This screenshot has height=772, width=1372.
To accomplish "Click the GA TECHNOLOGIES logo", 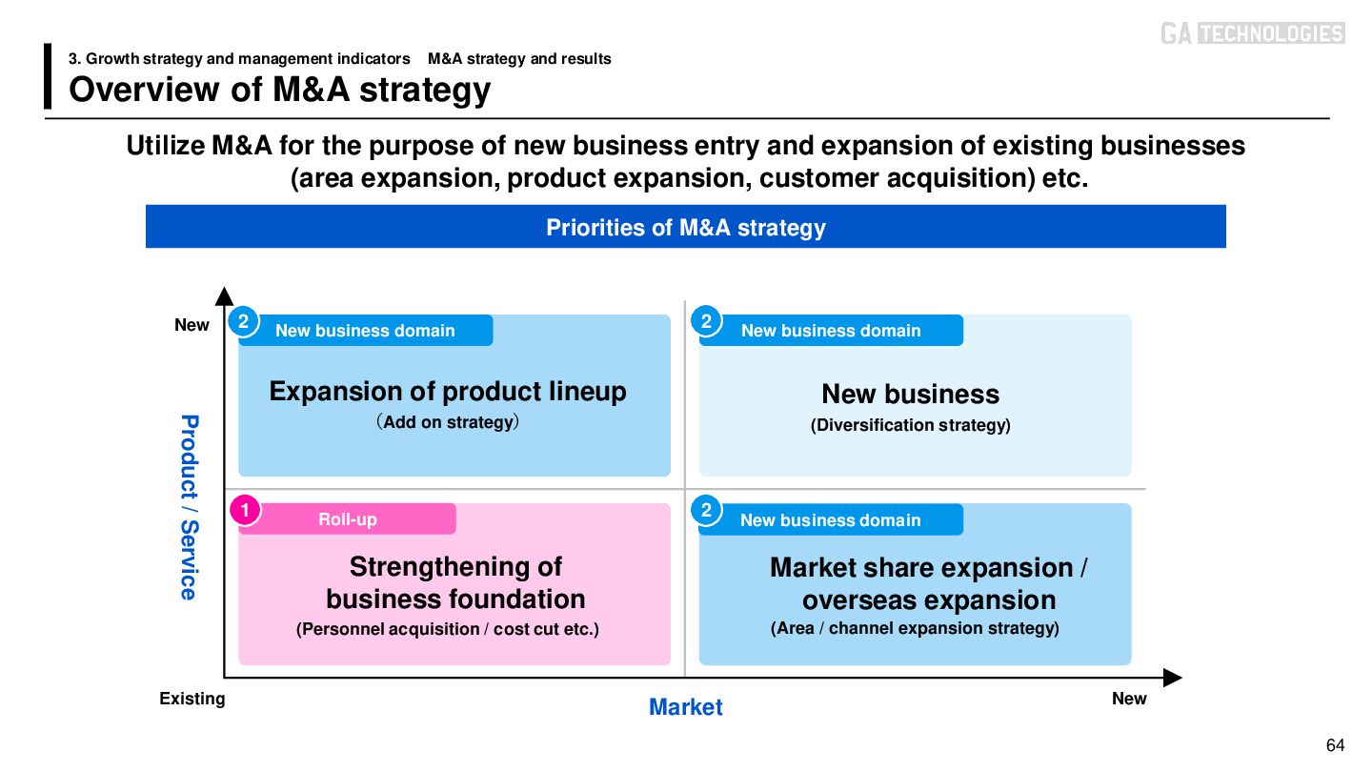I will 1252,33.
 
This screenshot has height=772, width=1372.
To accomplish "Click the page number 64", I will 1335,744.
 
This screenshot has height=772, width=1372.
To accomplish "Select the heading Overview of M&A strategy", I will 280,90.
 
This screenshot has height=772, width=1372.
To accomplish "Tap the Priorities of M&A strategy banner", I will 685,228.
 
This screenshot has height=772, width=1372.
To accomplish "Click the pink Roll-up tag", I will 348,519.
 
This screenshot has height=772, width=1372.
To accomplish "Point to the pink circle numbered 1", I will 245,511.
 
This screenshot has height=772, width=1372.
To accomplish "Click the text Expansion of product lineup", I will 448,391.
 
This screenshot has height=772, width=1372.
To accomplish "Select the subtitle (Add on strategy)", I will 448,421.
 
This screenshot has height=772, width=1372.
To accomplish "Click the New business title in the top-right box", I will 910,394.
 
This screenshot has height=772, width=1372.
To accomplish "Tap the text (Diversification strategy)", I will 910,425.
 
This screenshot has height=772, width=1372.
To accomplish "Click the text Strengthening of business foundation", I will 455,582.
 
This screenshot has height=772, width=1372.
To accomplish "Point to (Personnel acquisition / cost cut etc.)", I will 448,629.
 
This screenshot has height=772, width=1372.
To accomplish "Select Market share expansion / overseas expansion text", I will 928,583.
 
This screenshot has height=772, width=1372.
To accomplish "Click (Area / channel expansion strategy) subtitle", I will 915,628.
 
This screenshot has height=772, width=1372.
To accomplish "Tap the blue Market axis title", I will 685,707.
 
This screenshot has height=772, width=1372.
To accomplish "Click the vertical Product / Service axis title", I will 189,507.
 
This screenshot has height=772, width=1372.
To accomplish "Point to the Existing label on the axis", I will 192,699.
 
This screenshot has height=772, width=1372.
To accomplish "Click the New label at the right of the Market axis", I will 1129,699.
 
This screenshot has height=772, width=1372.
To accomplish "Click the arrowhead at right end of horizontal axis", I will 1174,678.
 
